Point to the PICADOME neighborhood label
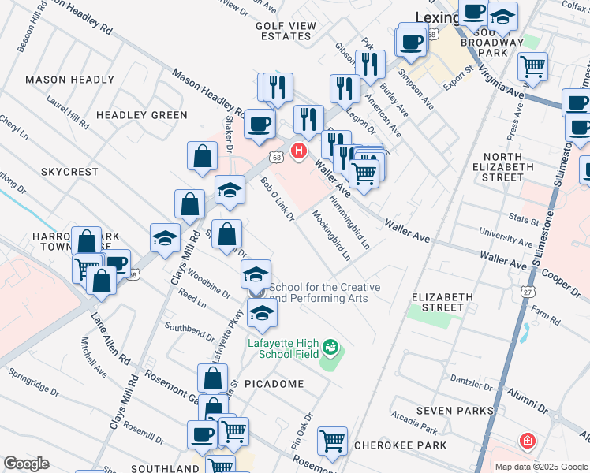pos(274,383)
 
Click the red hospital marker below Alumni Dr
pos(526,441)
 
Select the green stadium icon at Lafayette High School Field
pos(330,347)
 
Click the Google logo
pos(27,464)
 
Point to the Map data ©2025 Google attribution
pos(541,467)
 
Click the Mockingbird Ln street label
pos(330,235)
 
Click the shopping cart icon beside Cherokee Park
pos(332,440)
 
